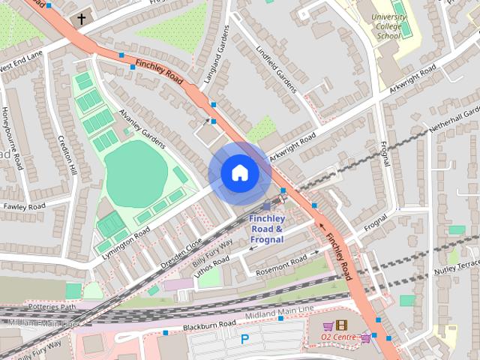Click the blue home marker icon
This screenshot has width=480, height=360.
click(x=239, y=172)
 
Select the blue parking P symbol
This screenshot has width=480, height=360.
click(x=244, y=339)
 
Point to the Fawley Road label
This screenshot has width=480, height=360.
click(x=25, y=206)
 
